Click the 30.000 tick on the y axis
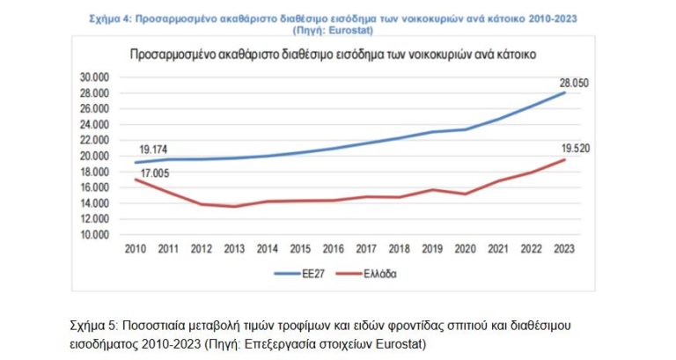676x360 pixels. click(92, 77)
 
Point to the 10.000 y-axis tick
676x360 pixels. click(92, 235)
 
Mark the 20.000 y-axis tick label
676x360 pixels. click(92, 156)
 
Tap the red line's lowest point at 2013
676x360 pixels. click(234, 207)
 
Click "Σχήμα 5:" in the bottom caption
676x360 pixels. click(94, 326)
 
